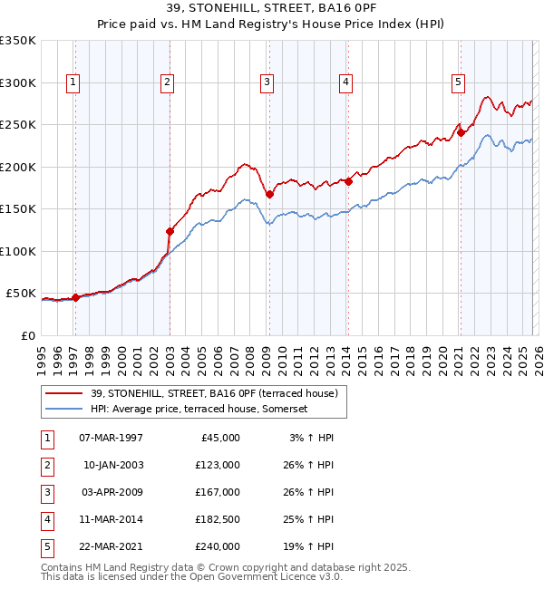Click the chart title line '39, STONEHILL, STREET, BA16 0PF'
pos(272,10)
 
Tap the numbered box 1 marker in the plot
pos(73,82)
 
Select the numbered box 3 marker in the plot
pos(267,82)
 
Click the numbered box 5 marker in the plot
pos(458,82)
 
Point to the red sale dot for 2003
pos(170,231)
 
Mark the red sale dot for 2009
pos(269,194)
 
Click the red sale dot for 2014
pos(348,181)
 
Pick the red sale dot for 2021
pos(461,132)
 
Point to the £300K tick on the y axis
pos(18,82)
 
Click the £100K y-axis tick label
pos(18,251)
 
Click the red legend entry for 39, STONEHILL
pos(214,393)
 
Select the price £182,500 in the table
pos(218,519)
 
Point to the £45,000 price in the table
pos(220,438)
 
